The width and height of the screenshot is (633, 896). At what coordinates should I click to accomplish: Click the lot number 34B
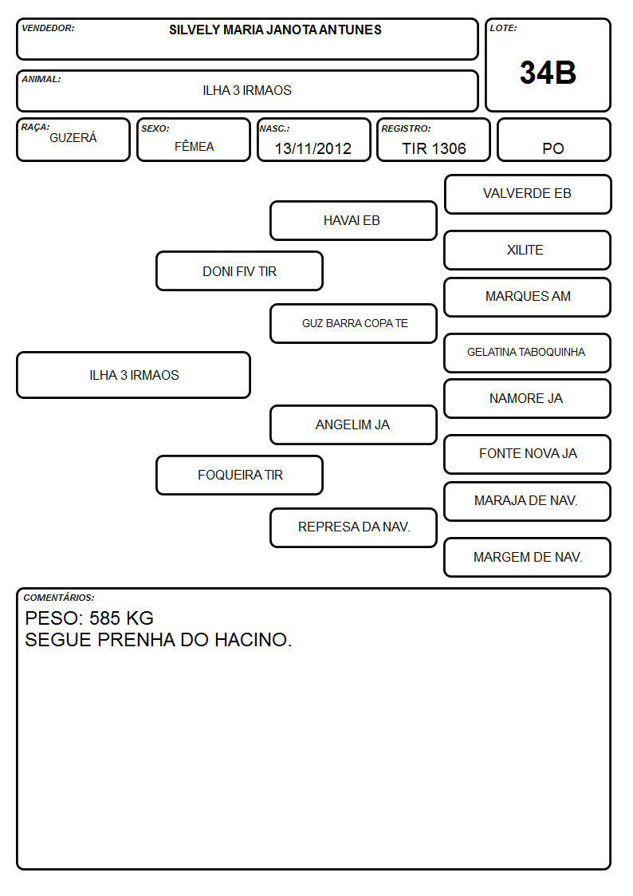click(x=548, y=73)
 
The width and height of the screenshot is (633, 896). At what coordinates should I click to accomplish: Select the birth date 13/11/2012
click(x=313, y=148)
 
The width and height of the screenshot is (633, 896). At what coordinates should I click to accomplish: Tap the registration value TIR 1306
click(x=434, y=148)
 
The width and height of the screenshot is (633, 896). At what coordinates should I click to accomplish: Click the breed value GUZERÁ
click(x=73, y=138)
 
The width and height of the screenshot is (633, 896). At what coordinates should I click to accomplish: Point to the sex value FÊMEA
click(x=194, y=146)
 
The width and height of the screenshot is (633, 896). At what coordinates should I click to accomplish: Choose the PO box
click(x=553, y=140)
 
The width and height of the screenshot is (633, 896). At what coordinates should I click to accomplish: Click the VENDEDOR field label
click(x=48, y=28)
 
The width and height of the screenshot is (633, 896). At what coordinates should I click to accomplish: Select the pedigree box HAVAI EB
click(x=353, y=220)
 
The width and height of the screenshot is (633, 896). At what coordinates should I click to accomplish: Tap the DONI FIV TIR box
click(x=239, y=270)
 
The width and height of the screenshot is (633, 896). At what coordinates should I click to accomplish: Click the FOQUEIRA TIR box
click(x=239, y=475)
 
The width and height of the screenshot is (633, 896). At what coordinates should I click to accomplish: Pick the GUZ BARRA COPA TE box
click(x=353, y=323)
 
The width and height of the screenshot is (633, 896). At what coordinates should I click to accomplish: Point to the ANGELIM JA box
click(x=353, y=425)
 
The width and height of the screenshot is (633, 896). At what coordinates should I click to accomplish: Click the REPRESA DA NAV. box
click(x=353, y=527)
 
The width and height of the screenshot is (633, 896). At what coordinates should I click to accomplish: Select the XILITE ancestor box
click(x=528, y=250)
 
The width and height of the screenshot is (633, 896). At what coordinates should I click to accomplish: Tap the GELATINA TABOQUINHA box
click(x=528, y=353)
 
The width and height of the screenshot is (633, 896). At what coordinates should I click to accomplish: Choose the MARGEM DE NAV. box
click(x=528, y=557)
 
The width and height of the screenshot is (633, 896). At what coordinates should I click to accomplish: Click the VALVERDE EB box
click(x=528, y=195)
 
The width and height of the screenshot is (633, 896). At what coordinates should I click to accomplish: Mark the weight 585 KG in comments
click(x=121, y=618)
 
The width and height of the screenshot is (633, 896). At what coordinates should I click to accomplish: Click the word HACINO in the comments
click(x=253, y=640)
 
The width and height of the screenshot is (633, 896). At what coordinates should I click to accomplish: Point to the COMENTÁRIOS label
click(x=59, y=598)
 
